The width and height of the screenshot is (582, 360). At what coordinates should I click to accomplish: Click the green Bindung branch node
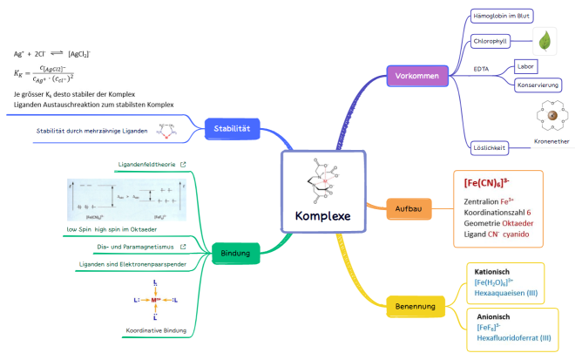coord(236,254)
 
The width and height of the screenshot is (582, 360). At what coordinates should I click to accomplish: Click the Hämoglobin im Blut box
coord(502,16)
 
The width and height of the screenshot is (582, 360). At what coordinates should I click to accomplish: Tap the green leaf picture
coord(546,40)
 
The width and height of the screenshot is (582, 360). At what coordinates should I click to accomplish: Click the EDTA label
coord(481,68)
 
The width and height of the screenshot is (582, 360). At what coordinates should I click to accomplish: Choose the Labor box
coord(524,66)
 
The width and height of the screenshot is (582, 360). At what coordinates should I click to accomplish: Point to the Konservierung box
coord(538,85)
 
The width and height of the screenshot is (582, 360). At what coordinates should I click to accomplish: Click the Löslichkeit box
coord(489,146)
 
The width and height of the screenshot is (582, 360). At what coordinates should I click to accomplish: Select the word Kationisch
coord(492,271)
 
